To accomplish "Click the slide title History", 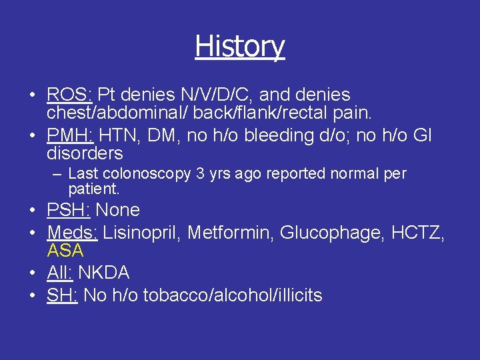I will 240,47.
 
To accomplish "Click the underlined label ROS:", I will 69,95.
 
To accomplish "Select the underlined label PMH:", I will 70,136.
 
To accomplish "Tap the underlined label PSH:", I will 69,211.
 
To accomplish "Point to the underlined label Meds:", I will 73,233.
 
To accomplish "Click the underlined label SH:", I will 62,295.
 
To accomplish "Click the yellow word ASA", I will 65,251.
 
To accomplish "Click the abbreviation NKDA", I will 104,273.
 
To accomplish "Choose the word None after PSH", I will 118,211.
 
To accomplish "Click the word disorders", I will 85,154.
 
